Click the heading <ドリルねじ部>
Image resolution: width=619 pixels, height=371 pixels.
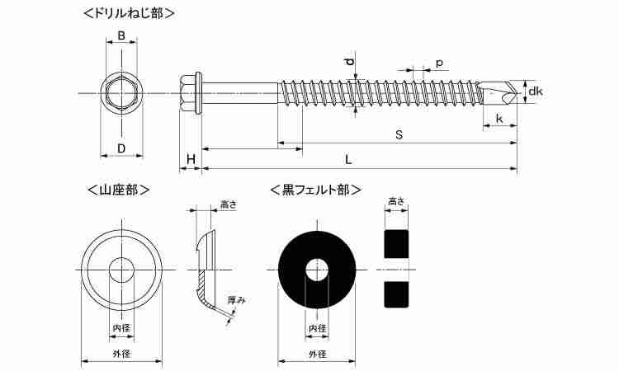coord(129,13)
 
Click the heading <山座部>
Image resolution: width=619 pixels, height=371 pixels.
coord(118,190)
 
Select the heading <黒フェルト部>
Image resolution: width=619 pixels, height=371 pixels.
coord(316,190)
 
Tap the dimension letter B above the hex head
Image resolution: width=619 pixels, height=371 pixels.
coord(121,35)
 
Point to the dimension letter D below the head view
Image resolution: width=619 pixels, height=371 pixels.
coord(121,148)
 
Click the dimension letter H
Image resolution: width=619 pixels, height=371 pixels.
coord(191,160)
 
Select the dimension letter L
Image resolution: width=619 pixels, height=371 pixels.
coord(347,160)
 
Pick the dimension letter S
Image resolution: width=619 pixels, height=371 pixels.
coord(399,135)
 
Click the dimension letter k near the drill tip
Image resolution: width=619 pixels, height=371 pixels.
coord(499,118)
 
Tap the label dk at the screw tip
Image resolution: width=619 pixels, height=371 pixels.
coord(536,92)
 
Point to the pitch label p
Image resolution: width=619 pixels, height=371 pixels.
coord(439,63)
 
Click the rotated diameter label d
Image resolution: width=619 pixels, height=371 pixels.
coord(349,62)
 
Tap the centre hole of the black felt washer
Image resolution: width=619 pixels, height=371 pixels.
coord(317,270)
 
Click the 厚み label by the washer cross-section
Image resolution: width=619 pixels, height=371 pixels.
coord(237,300)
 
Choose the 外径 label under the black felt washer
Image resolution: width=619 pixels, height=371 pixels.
coord(318,354)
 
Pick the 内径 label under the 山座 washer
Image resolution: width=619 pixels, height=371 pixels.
coord(121,327)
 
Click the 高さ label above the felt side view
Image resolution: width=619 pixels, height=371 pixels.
coord(396,201)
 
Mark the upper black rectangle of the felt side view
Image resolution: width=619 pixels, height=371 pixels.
coord(396,244)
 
